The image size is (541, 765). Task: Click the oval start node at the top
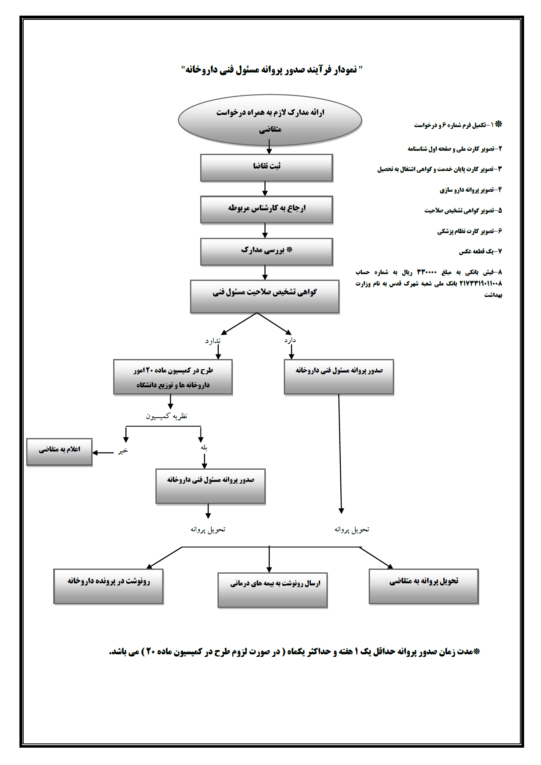[270, 120]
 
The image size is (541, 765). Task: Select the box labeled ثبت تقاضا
[266, 168]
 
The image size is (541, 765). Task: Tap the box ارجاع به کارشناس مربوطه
[266, 210]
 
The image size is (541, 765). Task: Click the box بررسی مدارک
[266, 252]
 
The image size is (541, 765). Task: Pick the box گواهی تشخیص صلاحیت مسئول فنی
[265, 296]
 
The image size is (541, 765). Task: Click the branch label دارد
[290, 340]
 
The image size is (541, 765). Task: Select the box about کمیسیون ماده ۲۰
[173, 377]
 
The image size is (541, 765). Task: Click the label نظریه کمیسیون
[166, 417]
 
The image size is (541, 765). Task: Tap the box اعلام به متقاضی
[59, 452]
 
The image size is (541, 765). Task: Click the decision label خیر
[122, 451]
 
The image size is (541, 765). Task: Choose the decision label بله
[204, 448]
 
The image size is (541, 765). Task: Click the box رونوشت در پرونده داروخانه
[108, 586]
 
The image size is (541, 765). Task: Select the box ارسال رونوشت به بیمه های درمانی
[273, 590]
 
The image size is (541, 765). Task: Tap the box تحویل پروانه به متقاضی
[424, 586]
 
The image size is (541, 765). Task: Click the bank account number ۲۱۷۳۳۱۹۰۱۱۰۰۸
[480, 283]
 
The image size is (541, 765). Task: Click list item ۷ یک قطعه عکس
[480, 252]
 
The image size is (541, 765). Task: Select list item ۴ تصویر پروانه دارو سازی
[470, 190]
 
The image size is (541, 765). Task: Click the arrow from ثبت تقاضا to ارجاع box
[265, 189]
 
